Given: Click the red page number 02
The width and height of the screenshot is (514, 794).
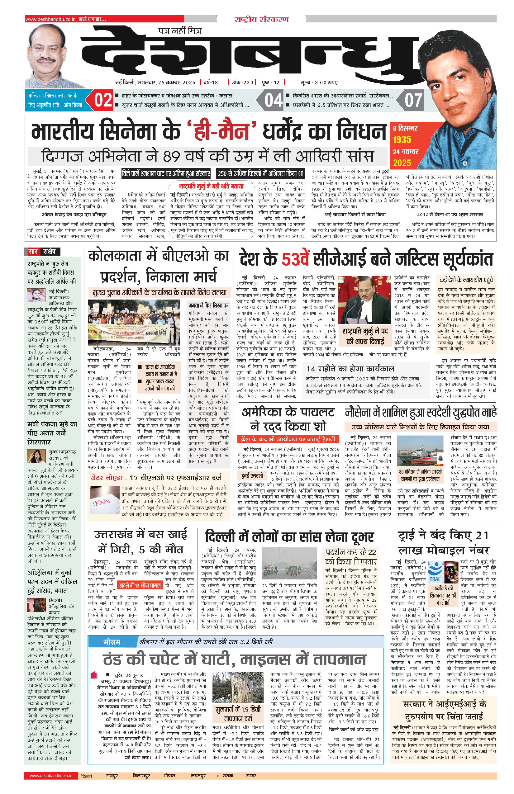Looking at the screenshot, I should [x=103, y=100].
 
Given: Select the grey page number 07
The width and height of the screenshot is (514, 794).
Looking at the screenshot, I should [x=413, y=100].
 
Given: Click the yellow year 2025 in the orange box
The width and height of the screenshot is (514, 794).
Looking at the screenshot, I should [x=402, y=163].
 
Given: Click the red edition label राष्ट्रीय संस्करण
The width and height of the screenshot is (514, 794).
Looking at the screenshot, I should [x=261, y=19].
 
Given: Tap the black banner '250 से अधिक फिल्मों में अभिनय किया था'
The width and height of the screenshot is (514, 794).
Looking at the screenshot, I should [x=260, y=173].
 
